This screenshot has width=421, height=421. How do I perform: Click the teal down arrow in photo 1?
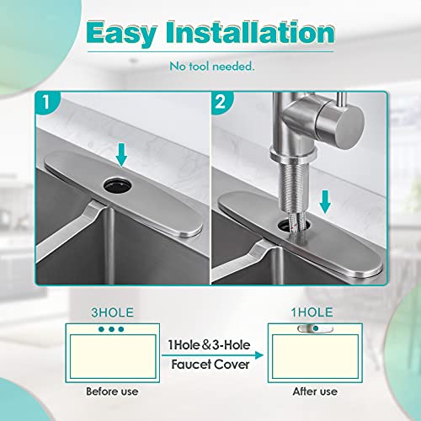point(122,154)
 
